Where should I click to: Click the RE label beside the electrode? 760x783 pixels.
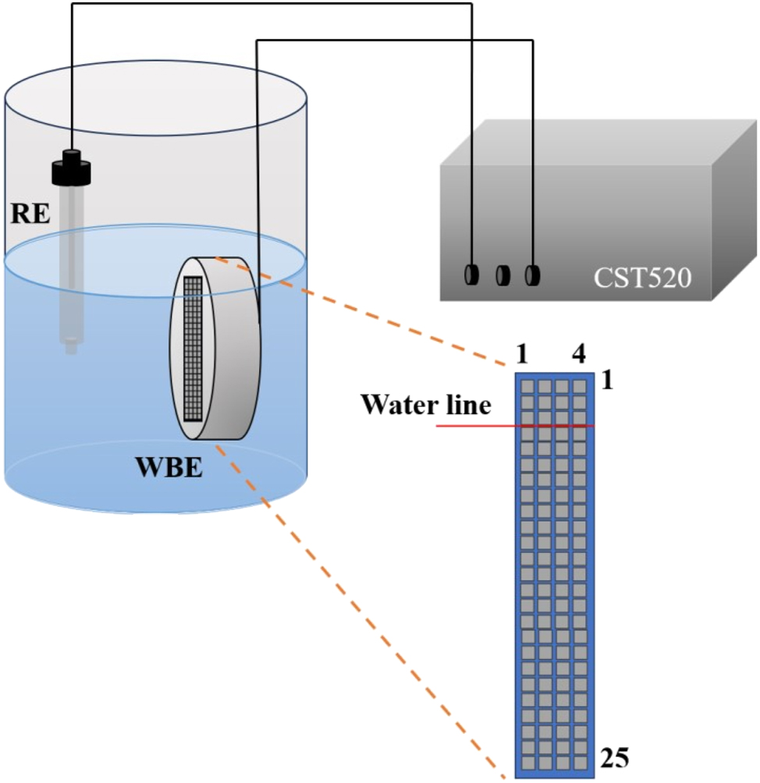29,213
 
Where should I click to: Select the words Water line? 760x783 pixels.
425,406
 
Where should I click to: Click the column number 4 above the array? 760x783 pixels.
578,355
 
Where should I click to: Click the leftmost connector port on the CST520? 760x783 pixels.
471,275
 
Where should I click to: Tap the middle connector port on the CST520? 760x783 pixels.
503,275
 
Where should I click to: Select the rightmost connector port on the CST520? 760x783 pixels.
534,275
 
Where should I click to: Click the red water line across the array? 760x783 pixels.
515,426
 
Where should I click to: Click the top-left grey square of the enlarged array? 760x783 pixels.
528,386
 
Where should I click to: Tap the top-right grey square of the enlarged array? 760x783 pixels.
580,386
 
